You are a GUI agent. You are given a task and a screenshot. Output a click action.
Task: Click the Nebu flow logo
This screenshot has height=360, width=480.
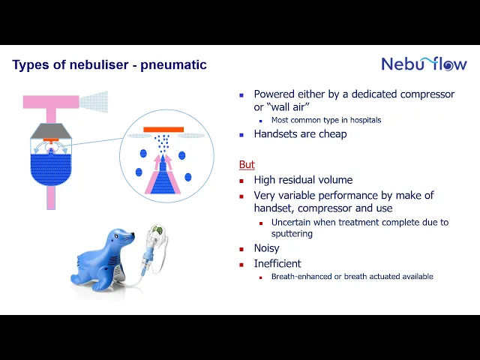pos(424,64)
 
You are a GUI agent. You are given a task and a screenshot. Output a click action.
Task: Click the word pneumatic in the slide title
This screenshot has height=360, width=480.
pos(173,65)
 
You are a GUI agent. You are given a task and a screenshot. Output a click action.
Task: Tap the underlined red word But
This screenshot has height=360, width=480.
pos(247,165)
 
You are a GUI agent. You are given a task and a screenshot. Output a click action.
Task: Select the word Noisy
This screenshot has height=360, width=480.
pos(267,248)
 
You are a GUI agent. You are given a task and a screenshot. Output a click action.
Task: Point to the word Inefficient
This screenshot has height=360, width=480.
pos(277,263)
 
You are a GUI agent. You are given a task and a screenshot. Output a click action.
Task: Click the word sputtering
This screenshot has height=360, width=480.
pos(292,234)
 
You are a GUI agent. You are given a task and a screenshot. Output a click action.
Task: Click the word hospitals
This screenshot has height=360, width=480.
pos(365,120)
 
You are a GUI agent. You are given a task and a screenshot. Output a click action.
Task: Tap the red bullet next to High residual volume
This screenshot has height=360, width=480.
pos(241,181)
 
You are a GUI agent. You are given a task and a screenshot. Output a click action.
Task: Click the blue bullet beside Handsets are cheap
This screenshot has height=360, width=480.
pos(241,135)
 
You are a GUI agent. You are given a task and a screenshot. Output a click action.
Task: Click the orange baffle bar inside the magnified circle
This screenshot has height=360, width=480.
pos(163,130)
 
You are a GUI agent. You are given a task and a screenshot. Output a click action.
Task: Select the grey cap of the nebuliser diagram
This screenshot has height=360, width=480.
pos(51,130)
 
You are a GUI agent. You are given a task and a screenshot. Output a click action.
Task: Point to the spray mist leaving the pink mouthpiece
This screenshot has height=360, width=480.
pos(94,102)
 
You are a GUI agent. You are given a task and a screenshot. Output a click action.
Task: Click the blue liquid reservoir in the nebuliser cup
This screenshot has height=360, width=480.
pos(51,169)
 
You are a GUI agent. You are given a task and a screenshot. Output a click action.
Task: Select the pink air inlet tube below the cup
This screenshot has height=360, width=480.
pos(51,198)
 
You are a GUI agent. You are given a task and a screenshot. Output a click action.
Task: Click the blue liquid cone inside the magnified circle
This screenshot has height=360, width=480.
pos(163,178)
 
